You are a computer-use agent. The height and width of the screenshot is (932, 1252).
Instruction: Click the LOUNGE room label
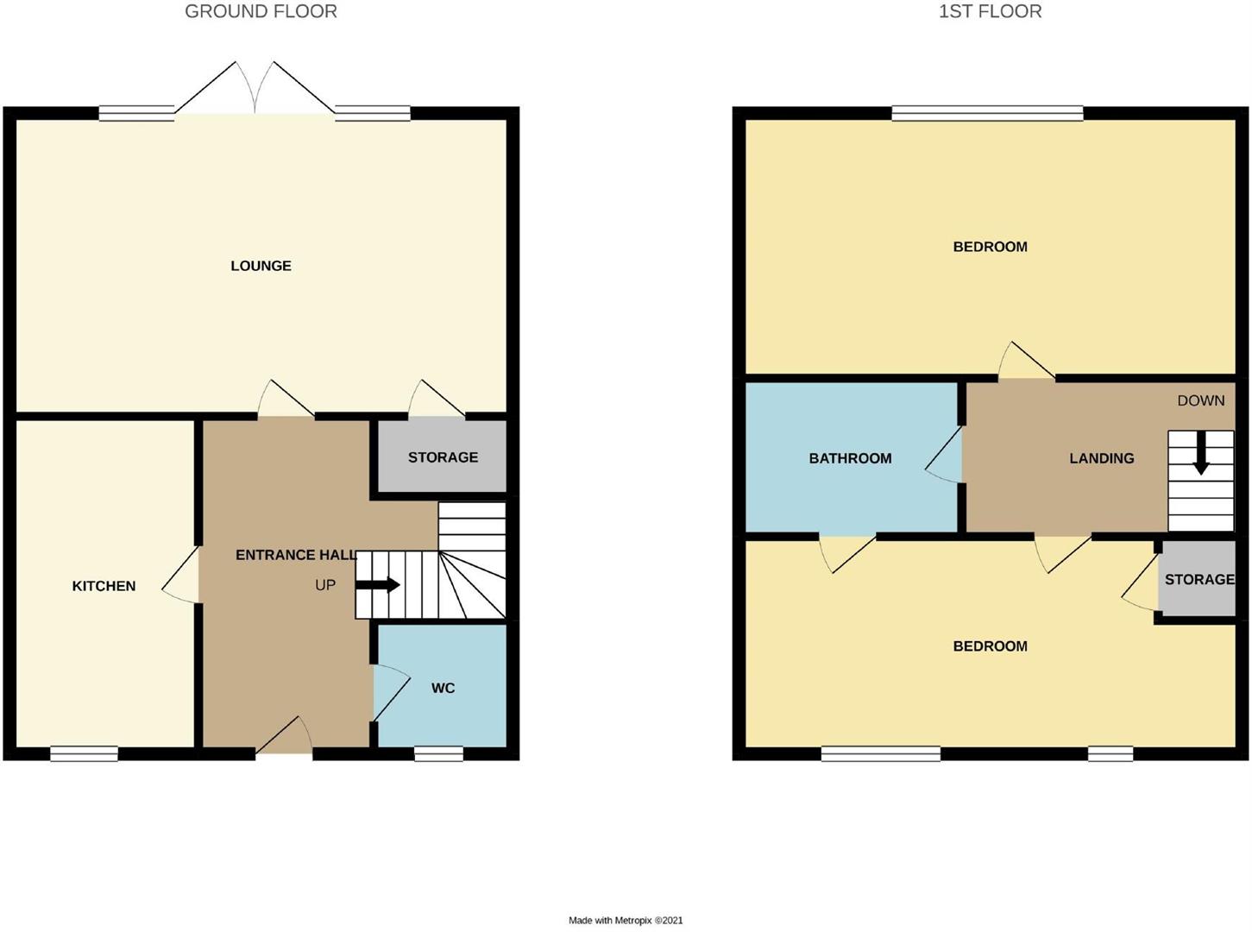(x=261, y=266)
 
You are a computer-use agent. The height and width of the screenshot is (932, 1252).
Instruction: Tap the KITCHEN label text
(x=104, y=586)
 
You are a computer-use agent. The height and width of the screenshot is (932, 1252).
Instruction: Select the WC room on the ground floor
(x=443, y=688)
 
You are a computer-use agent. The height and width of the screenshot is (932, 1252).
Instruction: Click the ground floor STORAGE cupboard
(x=443, y=457)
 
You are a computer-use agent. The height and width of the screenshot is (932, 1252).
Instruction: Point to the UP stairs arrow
(x=377, y=585)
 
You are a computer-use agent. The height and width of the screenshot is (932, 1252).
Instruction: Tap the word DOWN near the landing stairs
(x=1200, y=400)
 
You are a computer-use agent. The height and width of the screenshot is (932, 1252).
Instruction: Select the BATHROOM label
(x=850, y=458)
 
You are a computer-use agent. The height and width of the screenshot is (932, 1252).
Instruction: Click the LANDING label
(x=1101, y=458)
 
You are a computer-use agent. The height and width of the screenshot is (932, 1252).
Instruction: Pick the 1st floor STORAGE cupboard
(x=1199, y=579)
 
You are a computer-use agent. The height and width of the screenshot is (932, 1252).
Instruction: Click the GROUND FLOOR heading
(x=261, y=11)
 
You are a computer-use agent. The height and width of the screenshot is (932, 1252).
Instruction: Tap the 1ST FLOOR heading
(x=990, y=11)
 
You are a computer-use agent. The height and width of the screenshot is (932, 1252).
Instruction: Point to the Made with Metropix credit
(x=626, y=920)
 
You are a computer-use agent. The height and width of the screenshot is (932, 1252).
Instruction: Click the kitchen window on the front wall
(x=84, y=753)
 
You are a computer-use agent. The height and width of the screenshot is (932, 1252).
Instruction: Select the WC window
(x=438, y=753)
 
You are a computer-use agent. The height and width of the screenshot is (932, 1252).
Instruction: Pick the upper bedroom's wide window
(x=987, y=112)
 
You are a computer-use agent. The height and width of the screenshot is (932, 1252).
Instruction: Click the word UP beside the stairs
(x=325, y=585)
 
